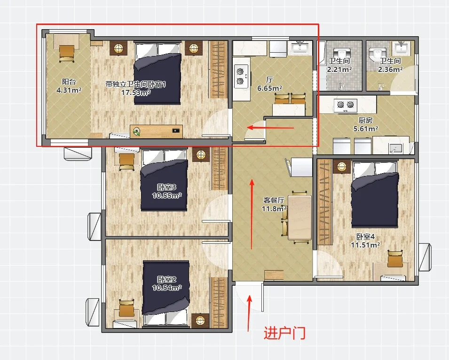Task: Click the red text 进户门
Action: pos(284,333)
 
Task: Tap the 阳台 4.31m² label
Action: pos(69,86)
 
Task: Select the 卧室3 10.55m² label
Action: pos(166,192)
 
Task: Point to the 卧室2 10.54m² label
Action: pos(166,283)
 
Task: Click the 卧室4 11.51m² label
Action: pos(365,241)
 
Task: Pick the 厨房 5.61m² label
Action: pos(365,124)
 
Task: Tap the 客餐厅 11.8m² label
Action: pos(274,204)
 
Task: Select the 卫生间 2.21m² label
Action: pos(339,65)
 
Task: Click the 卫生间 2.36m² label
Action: pos(390,65)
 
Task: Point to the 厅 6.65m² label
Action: pos(269,84)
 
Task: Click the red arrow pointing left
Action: pos(270,128)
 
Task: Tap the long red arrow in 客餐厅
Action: pos(252,214)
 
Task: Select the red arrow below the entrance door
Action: pos(249,313)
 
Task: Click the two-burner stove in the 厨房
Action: pos(346,105)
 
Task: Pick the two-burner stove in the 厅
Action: pos(241,76)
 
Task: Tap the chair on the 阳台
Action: pos(67,54)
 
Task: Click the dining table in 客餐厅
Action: pos(300,217)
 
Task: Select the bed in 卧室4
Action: pos(375,194)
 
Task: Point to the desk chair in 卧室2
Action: pos(126,308)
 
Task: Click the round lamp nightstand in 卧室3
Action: pos(201,155)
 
